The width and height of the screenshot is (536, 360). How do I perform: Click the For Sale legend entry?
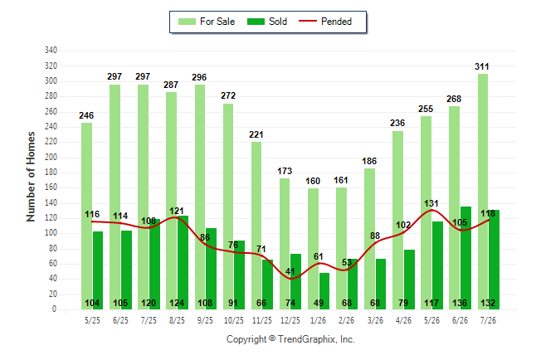coord(207,22)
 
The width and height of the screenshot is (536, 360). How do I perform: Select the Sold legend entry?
coord(267,22)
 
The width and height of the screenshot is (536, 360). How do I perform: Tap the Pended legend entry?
coord(325,22)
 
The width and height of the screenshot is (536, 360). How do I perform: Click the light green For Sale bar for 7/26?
coord(483,192)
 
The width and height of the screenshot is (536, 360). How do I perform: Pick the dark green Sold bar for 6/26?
coord(465,258)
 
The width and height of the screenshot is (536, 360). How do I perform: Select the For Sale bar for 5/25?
coord(86,216)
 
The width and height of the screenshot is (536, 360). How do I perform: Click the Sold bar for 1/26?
coord(324,291)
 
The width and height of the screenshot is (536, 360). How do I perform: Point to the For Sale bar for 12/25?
coord(285,244)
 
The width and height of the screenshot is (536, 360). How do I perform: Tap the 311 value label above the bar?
coord(481,66)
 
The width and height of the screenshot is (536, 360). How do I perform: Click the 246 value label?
coord(86,115)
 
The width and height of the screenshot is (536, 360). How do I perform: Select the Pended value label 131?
coord(431,203)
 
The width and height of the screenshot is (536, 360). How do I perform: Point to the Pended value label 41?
coord(290,271)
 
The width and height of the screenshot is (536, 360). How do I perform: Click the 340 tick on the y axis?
coord(51,51)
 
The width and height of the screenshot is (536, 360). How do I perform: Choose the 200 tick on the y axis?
coord(51,158)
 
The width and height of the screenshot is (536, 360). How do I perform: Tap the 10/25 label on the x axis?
coord(234,320)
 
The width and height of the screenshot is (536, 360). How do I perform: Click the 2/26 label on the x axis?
coord(346,320)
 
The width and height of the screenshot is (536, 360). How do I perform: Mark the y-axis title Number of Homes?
coord(31,177)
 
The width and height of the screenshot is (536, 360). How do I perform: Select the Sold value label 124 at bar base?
coord(177,303)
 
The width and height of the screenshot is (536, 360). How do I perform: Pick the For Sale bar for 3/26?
coord(369,239)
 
